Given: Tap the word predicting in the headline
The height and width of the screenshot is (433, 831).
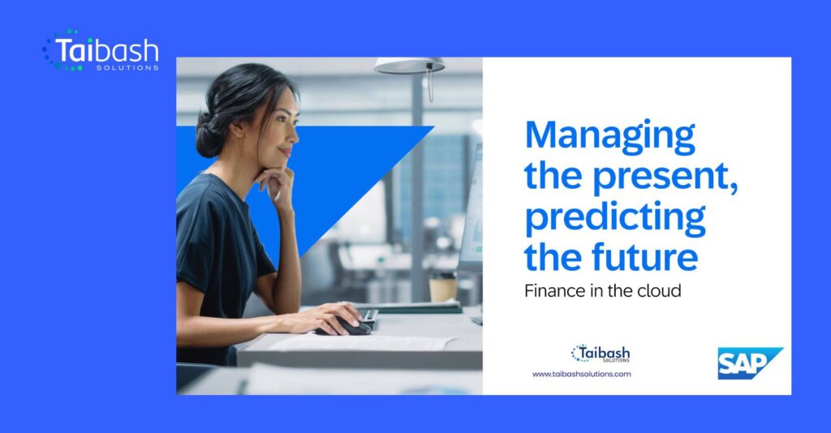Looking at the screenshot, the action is coord(615,218).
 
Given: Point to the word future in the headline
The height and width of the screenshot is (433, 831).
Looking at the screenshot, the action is coord(645,256).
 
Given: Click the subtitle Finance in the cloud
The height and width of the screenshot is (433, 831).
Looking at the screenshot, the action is coord(603,290).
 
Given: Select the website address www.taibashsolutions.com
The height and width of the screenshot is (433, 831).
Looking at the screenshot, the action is coord(581,374).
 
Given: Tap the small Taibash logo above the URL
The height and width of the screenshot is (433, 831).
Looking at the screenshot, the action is coord(601,354).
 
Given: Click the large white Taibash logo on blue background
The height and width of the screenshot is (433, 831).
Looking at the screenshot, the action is coord(101,51).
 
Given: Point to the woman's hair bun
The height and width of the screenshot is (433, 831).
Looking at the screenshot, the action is coord(209,138).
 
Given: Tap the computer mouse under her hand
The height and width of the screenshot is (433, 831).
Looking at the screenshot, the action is coord(347,327).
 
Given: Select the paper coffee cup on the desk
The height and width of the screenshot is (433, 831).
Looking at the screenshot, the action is coord(442,288).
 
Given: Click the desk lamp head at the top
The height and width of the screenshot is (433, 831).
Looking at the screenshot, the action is coord(409,66).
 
